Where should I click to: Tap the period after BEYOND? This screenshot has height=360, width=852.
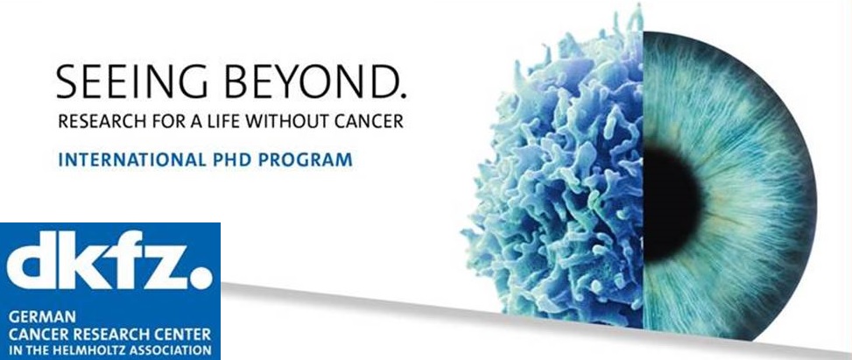402,95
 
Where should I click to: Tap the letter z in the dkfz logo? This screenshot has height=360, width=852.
165,267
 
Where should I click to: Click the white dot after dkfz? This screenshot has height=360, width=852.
202,278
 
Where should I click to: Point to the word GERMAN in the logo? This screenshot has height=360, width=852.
42,316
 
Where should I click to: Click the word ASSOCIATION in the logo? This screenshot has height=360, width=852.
176,350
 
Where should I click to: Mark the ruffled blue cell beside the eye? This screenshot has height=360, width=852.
560,180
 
